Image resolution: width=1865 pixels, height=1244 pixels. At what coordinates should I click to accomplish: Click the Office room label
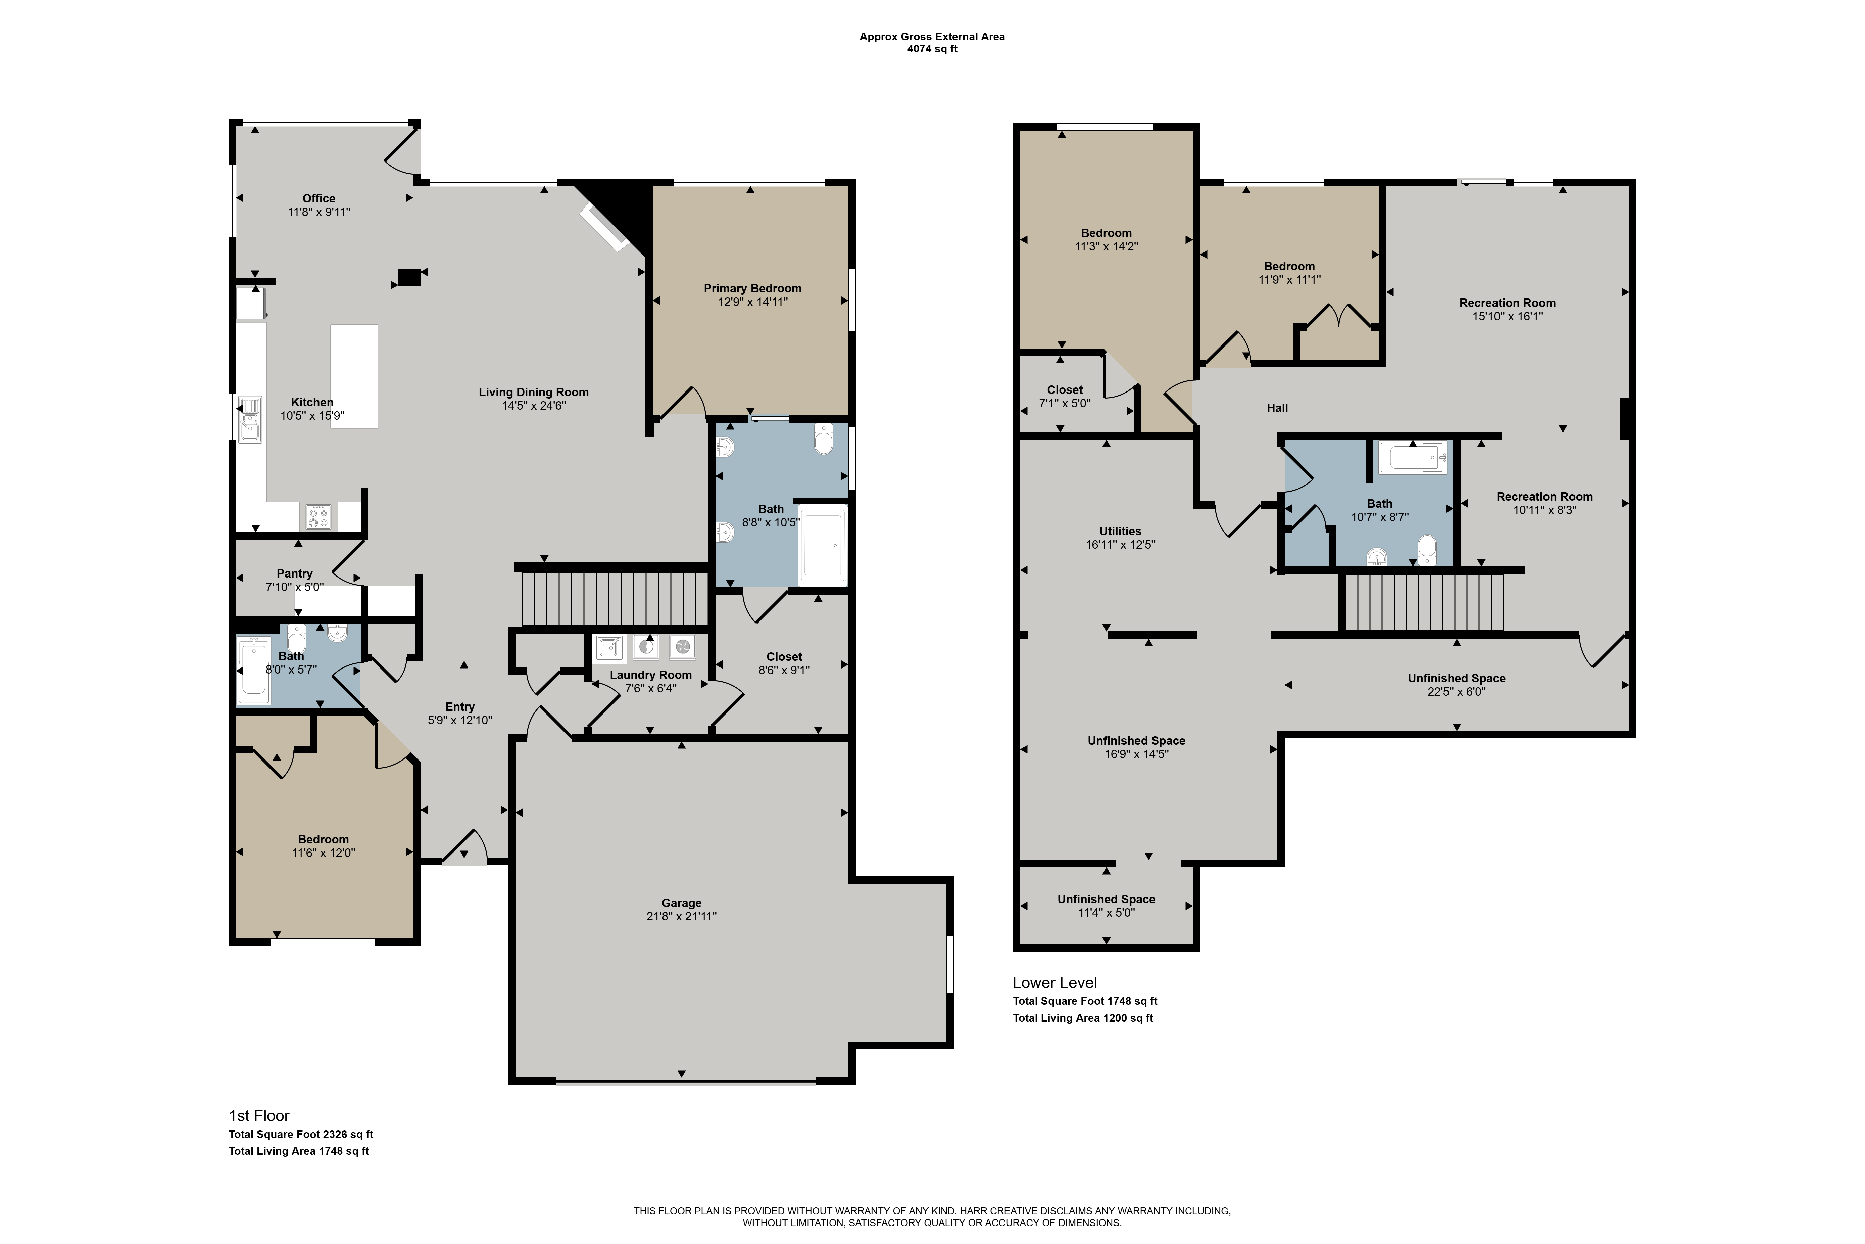319,198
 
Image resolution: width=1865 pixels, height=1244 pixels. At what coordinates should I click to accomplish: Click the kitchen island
354,377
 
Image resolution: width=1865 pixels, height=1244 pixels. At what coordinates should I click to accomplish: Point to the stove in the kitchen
319,516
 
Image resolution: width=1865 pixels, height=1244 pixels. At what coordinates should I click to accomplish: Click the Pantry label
294,573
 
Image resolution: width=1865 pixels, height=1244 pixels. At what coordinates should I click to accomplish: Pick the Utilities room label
1120,532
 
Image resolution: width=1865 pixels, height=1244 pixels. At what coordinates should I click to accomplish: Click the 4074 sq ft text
932,49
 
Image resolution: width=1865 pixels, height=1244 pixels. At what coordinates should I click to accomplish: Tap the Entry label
460,707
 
